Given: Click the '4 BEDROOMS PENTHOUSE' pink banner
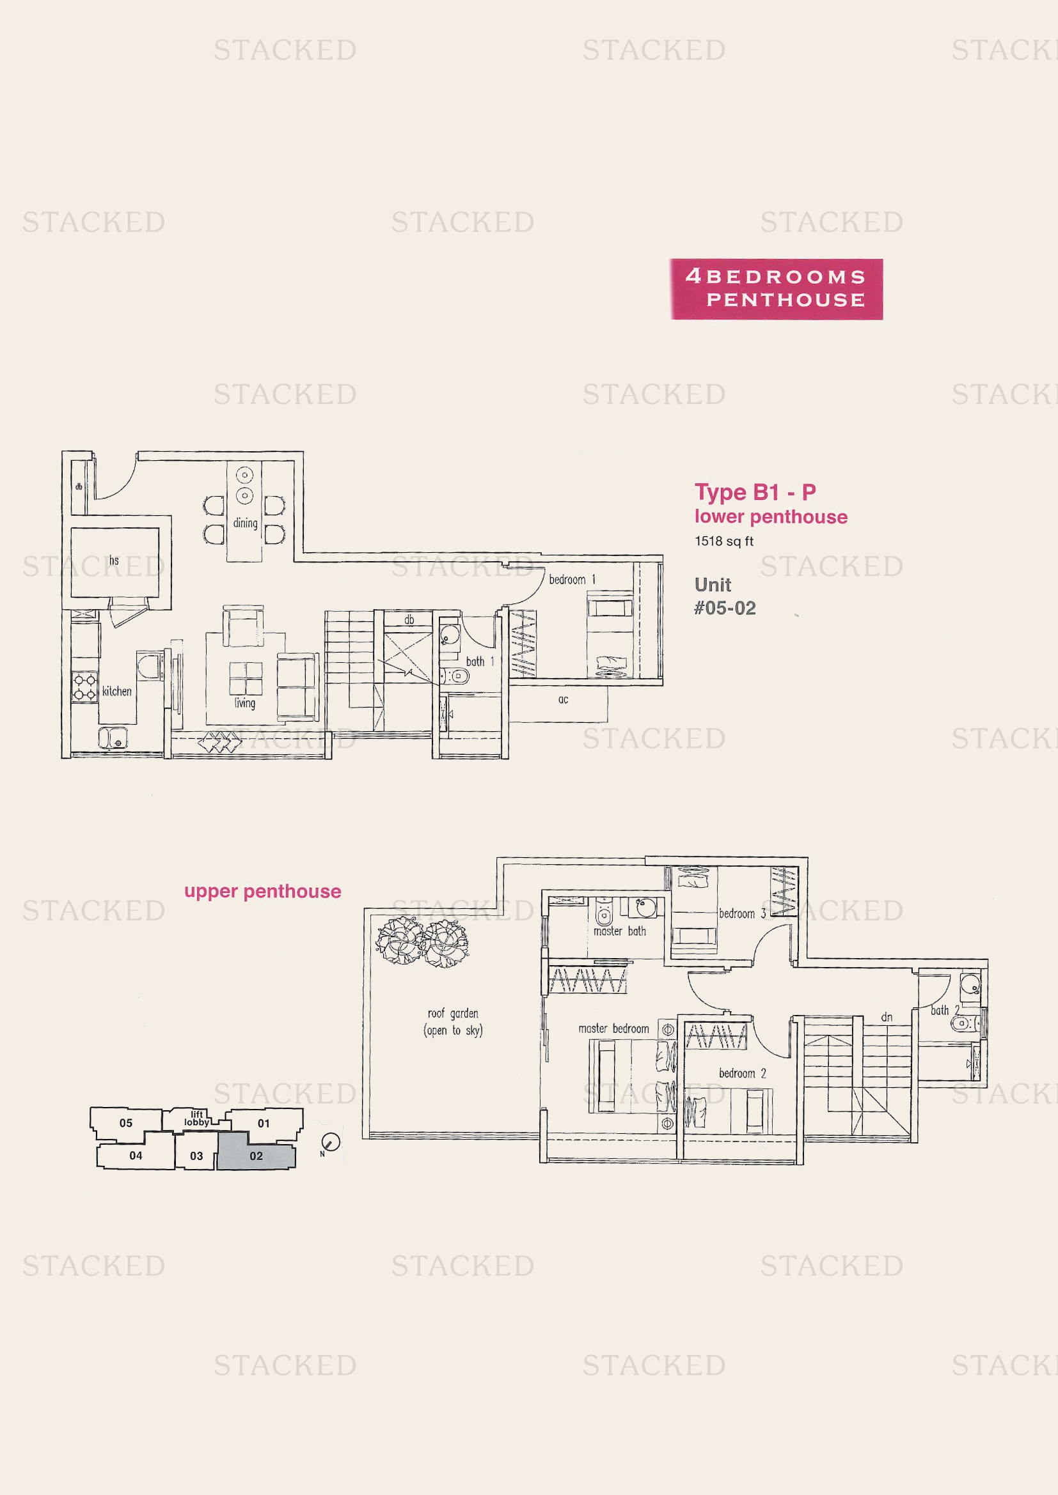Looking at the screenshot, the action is [776, 289].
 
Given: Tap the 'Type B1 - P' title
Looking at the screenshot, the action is [755, 492].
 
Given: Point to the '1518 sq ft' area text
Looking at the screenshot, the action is [724, 541].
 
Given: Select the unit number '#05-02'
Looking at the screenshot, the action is [725, 608].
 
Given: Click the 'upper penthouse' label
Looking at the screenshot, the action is [262, 892].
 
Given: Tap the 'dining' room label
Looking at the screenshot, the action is [245, 523].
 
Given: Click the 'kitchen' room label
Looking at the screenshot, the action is [116, 691].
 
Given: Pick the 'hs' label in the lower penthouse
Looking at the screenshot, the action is [114, 560].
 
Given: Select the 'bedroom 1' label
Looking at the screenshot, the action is [572, 580].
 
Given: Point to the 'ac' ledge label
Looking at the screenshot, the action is [563, 700].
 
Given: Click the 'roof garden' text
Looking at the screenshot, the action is [453, 1013].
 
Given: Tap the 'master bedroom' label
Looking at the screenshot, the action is [613, 1028].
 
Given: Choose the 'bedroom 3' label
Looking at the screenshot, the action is [742, 913].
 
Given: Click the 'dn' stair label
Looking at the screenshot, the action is [887, 1017].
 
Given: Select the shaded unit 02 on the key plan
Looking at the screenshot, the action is [256, 1151].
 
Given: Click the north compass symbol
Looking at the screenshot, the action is [330, 1142].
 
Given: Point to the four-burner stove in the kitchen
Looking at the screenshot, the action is [84, 688].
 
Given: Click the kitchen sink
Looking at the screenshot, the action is [113, 738].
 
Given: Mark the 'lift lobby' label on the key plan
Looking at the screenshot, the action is [197, 1118].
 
